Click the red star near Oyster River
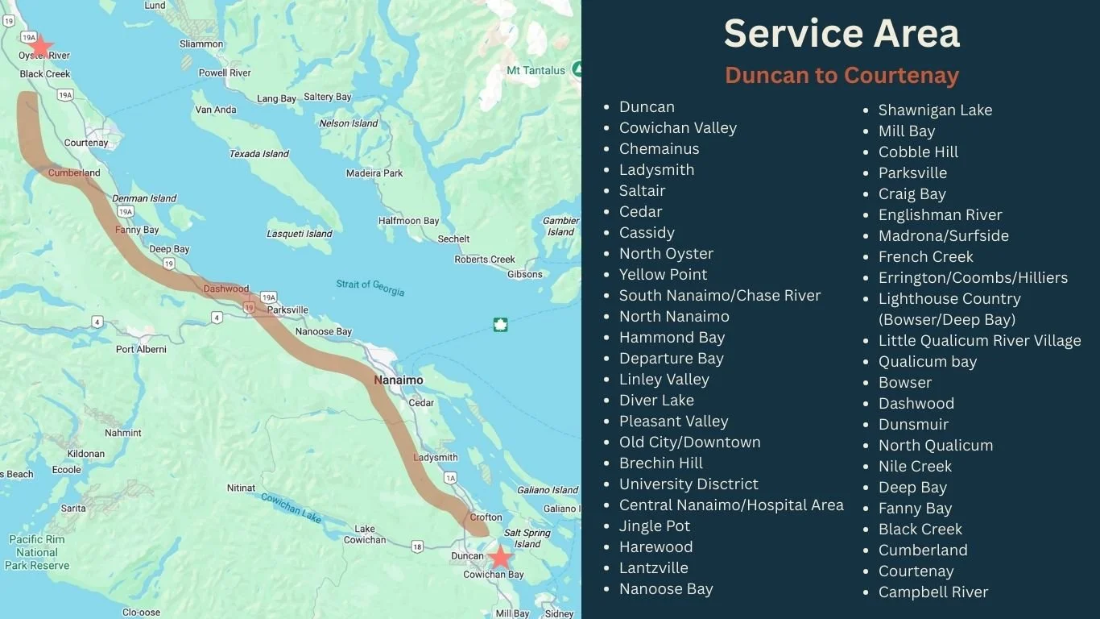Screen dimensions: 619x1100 [40, 46]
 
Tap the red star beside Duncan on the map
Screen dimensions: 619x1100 [501, 556]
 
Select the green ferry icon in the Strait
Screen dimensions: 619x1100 [500, 325]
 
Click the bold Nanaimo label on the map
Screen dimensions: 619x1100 [398, 380]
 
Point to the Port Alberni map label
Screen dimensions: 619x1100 [141, 349]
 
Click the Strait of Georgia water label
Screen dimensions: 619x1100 [370, 288]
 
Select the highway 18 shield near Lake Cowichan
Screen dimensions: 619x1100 [417, 547]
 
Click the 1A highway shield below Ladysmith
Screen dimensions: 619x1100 [450, 478]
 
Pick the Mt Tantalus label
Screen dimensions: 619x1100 [536, 71]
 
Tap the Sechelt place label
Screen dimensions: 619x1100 [453, 239]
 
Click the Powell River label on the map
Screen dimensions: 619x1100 [225, 73]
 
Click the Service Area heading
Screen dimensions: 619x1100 [842, 34]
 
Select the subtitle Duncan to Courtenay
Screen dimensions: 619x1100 [842, 75]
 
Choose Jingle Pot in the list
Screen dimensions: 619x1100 [654, 526]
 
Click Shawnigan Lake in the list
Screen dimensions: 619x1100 [935, 110]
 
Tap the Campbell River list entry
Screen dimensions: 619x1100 [933, 592]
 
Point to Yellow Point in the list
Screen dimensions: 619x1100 [663, 274]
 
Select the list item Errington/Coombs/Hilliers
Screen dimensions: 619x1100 [973, 277]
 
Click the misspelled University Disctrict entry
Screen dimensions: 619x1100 [689, 484]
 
